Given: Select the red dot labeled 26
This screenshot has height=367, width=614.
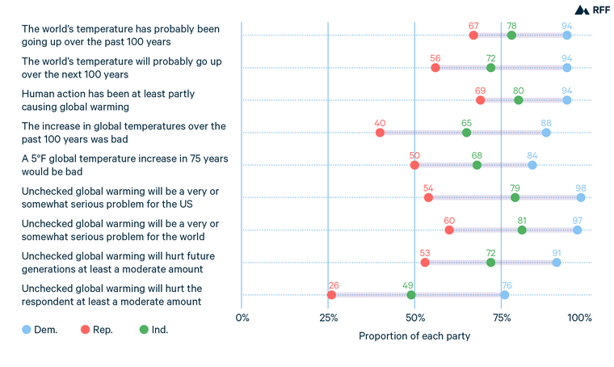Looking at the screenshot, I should point(331,295).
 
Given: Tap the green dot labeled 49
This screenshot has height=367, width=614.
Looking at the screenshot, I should point(411,295).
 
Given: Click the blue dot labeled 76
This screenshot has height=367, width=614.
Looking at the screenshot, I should point(505,295).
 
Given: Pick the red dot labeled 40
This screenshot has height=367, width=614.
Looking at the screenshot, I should point(380,133).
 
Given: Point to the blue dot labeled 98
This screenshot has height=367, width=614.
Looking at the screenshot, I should point(581,197).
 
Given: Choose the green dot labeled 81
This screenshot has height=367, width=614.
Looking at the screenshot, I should point(522,230).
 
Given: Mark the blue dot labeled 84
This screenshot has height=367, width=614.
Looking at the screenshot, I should point(532,165).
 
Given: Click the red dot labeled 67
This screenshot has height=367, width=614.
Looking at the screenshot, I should point(473,35).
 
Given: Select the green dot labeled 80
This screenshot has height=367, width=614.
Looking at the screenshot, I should point(519,100).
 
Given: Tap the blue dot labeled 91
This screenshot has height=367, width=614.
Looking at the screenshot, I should point(557,263).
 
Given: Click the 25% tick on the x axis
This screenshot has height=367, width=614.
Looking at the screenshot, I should point(328,318).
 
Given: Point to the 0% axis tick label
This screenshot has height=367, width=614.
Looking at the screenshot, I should point(242,318).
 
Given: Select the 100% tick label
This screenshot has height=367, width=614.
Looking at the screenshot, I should point(579,318).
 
